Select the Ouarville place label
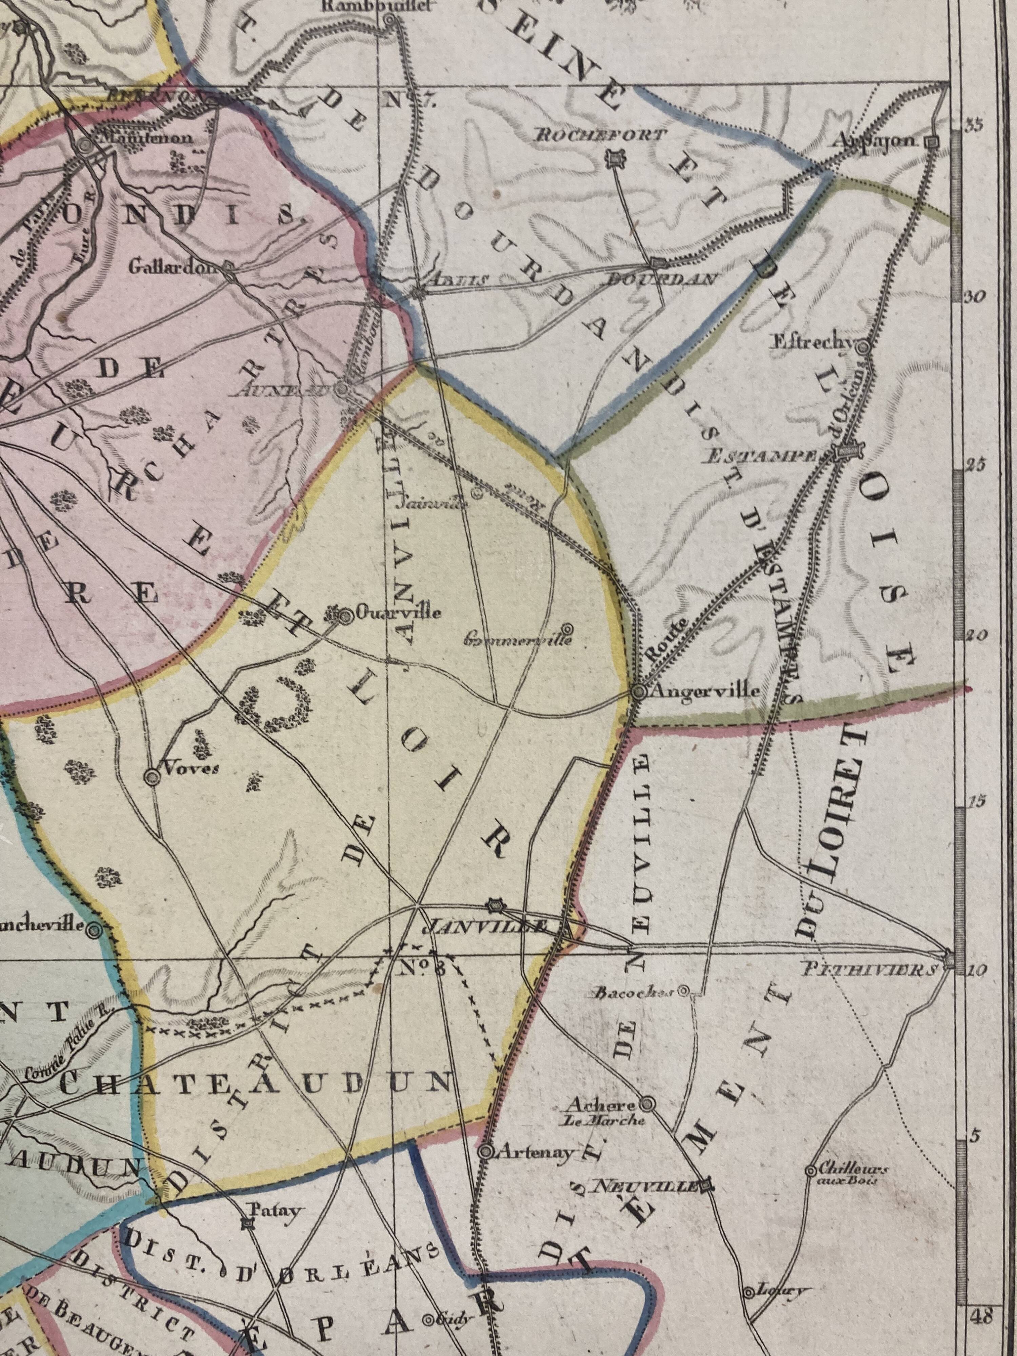coord(398,613)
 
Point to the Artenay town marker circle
coord(485,1152)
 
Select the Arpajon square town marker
coord(932,142)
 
